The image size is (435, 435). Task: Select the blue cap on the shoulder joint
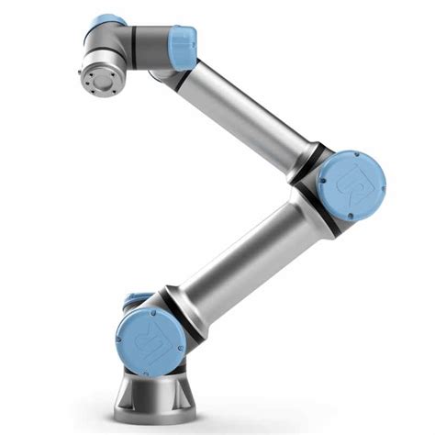[x=151, y=340]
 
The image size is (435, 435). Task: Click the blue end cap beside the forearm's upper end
[x=181, y=43]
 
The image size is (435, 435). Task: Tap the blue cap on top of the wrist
[x=107, y=22]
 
